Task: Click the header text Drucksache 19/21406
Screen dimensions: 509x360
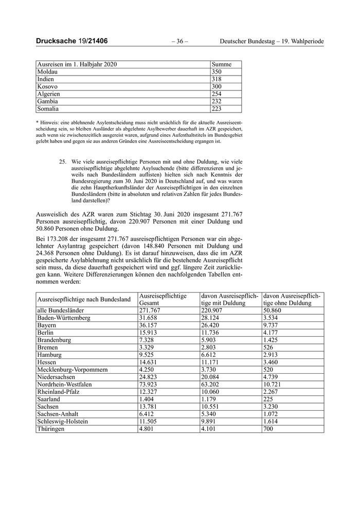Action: tap(71, 41)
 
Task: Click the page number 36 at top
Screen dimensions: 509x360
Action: tap(179, 41)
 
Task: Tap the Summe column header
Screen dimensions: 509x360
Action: tap(222, 65)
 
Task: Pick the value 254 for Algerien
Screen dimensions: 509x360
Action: tap(217, 94)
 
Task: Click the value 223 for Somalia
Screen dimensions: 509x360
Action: tap(217, 109)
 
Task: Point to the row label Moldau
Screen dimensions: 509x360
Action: tap(47, 72)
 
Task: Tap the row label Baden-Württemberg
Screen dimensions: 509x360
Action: tap(64, 318)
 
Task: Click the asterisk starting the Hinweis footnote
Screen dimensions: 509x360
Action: tap(37, 122)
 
